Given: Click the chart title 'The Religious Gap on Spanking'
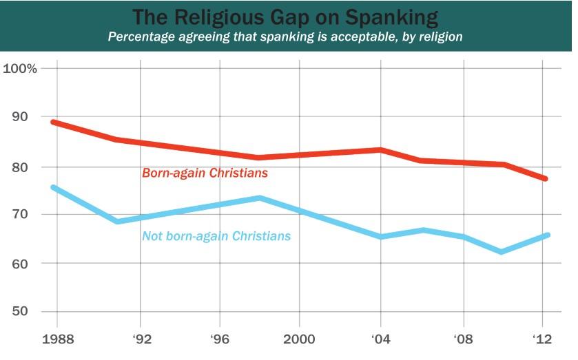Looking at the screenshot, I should point(285,17).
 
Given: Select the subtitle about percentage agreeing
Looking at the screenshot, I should point(285,36).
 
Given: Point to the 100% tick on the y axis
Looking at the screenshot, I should point(20,68).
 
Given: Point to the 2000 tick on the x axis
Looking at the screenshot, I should point(299,339).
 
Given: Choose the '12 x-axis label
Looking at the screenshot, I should point(543,339).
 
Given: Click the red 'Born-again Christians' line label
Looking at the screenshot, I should point(205,173).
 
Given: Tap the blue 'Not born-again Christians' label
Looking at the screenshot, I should point(216,236).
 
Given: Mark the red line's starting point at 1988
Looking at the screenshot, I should point(54,123).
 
